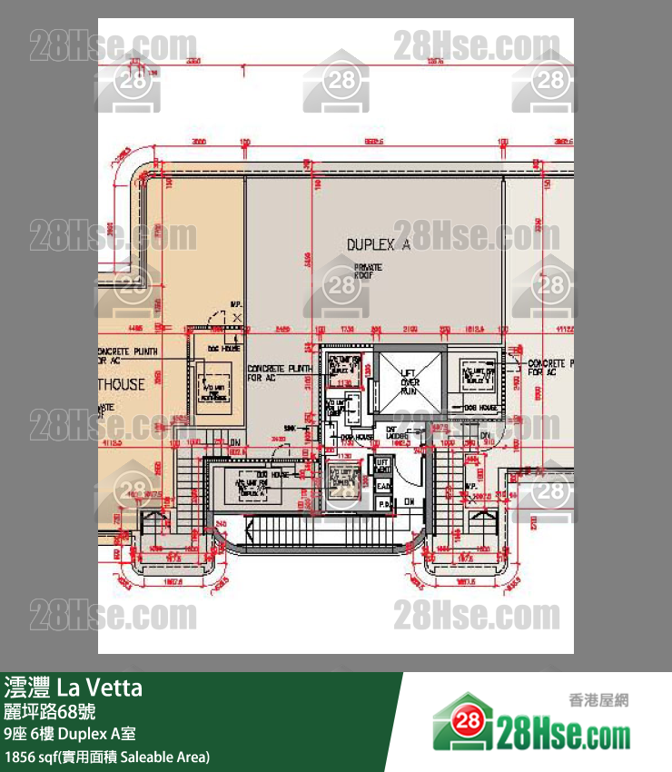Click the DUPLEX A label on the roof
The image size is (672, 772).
click(378, 244)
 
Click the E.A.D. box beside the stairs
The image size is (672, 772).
click(383, 486)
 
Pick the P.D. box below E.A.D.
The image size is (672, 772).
click(383, 501)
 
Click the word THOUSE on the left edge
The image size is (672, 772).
click(123, 384)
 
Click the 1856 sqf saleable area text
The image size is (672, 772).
click(107, 756)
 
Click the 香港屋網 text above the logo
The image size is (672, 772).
click(598, 700)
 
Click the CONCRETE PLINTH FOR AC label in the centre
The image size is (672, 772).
click(279, 372)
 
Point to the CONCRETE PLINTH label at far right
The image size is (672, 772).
click(550, 366)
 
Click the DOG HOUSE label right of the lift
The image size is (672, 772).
click(479, 408)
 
